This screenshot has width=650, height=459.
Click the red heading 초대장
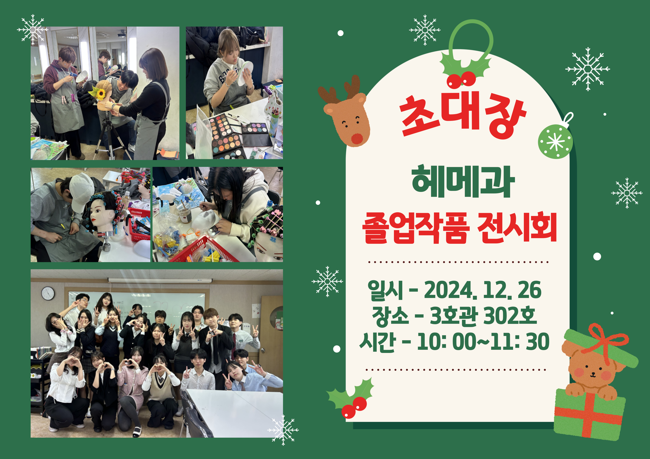[463, 116]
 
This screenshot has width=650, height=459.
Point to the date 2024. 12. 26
[483, 290]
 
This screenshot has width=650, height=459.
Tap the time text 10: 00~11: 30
[483, 342]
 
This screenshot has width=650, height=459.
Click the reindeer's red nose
[357, 139]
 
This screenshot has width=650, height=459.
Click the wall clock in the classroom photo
[48, 293]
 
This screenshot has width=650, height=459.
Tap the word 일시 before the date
[385, 290]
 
